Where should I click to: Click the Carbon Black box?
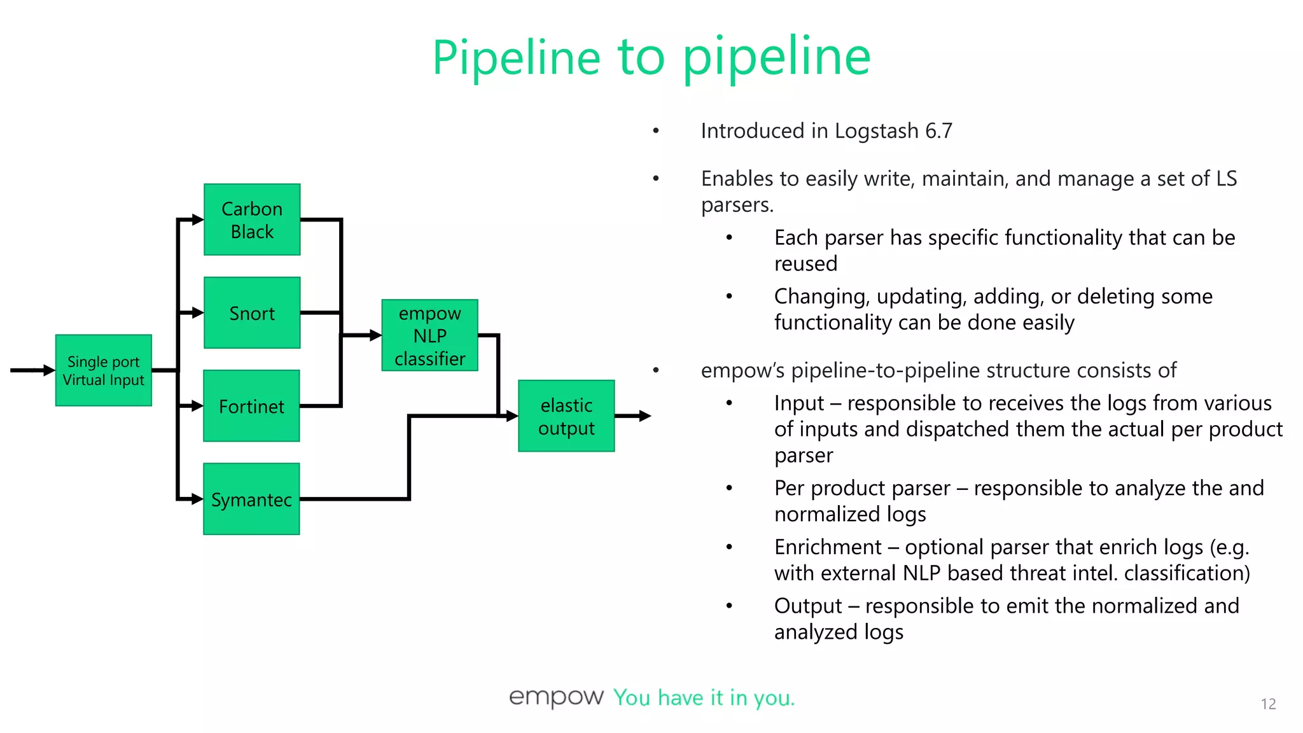click(252, 220)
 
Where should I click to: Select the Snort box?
click(252, 312)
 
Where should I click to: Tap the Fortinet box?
click(251, 406)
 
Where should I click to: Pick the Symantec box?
click(251, 499)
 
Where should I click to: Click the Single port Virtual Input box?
click(104, 370)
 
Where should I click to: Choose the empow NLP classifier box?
click(429, 335)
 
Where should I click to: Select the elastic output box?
click(566, 416)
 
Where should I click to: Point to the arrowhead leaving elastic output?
click(645, 416)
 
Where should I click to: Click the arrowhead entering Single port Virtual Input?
click(49, 370)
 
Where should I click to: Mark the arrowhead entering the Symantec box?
click(197, 499)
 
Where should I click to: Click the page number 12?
click(1268, 704)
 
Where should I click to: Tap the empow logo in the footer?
click(556, 697)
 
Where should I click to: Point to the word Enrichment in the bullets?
click(828, 547)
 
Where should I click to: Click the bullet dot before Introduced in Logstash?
click(656, 131)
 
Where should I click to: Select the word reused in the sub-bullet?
click(805, 263)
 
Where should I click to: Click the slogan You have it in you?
click(704, 698)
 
